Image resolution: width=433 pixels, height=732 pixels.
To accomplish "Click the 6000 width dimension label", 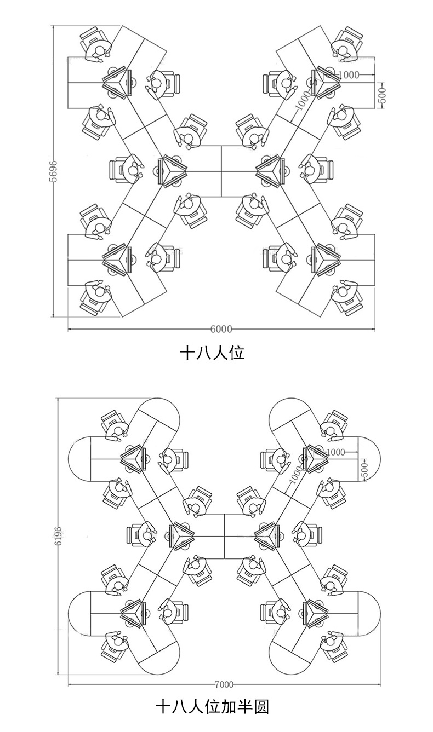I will (221, 329).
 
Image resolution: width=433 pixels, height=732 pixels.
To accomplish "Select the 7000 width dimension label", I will (224, 684).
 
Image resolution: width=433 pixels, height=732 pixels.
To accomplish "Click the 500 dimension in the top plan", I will (383, 95).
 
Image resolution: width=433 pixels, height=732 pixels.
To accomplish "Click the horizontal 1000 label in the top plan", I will (350, 74).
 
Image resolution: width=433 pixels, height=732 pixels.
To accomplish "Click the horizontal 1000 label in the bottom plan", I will (334, 452).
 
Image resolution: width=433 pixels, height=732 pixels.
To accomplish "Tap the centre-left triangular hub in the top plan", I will (172, 170).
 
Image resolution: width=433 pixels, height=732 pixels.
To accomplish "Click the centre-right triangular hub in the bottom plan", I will (269, 535).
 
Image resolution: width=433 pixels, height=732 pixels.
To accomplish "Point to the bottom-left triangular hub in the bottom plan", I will (133, 612).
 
